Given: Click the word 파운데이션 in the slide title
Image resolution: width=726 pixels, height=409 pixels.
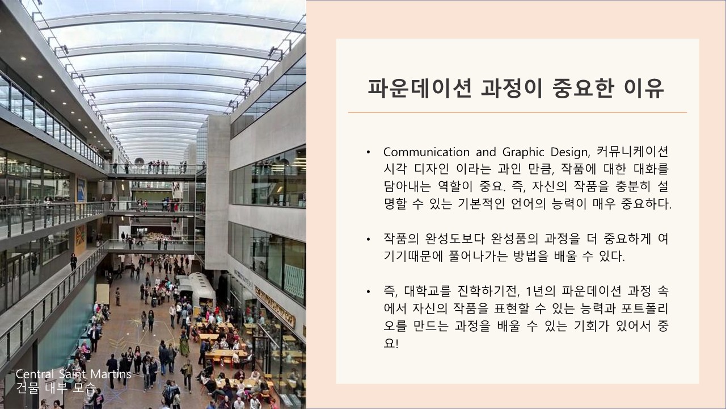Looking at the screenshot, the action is [x=420, y=88].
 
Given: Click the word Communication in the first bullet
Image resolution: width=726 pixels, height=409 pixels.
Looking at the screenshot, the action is [x=426, y=152].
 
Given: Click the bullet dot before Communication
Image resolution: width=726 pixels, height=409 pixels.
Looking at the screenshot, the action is [x=368, y=152].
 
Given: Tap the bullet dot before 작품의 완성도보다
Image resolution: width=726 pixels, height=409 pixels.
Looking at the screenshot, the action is [x=368, y=240].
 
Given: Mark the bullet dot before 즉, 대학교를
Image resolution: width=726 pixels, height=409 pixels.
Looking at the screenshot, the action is [x=368, y=292].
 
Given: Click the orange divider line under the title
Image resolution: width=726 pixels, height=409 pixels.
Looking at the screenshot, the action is [x=517, y=112].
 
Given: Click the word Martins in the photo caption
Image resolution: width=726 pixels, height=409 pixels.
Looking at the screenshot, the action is [x=111, y=374].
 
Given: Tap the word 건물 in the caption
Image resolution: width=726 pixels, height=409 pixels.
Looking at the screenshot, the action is [x=27, y=388].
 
